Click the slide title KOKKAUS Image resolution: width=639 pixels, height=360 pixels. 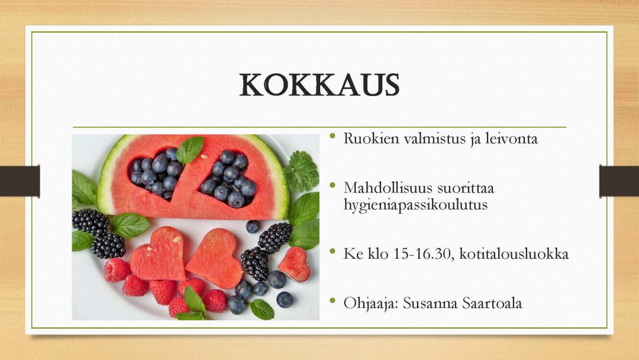[x=319, y=85]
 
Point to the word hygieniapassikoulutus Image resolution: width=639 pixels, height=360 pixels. [x=415, y=204]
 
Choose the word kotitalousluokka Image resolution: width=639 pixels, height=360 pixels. [x=514, y=254]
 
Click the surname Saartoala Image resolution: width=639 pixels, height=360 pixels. [x=492, y=303]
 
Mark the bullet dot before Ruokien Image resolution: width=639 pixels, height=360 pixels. [x=333, y=136]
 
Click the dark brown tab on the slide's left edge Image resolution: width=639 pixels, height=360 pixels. [x=20, y=181]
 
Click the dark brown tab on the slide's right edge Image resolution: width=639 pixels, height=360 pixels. [x=619, y=181]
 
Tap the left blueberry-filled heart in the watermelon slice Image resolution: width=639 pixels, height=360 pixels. [x=156, y=173]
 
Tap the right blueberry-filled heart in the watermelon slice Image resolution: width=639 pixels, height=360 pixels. [x=228, y=178]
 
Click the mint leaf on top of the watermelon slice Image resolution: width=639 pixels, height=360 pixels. [x=190, y=150]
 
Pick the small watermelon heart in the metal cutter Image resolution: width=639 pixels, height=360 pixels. [x=295, y=265]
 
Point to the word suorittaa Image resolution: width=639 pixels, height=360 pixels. [x=466, y=188]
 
